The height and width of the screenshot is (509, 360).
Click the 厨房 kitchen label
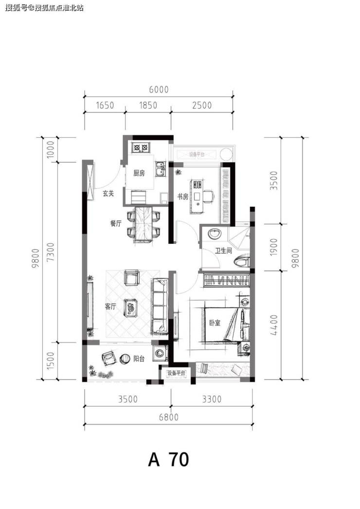coord(139,173)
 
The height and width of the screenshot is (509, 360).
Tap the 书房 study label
coord(183,197)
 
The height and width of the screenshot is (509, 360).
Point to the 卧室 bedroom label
coord(215,323)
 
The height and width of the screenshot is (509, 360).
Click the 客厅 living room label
coord(110,306)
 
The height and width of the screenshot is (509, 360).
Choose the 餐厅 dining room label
coord(116,223)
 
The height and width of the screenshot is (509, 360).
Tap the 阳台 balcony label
coord(139,359)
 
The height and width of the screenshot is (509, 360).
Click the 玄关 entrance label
coord(108,194)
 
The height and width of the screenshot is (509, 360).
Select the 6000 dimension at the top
coord(159,89)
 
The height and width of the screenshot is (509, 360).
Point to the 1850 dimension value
coord(148,105)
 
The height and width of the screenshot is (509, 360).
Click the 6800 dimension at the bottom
coord(169,417)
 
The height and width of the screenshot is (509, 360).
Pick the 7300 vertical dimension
coord(51,252)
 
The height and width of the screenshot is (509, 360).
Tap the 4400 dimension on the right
coord(274,325)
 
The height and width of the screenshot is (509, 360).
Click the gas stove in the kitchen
coord(141,148)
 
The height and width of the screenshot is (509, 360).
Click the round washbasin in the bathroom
coord(214,234)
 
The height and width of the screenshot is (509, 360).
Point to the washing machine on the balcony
coord(160,353)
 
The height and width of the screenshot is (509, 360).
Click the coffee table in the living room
coord(130,308)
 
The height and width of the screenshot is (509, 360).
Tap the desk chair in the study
coord(208,196)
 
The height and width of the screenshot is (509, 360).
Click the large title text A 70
coord(168,459)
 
